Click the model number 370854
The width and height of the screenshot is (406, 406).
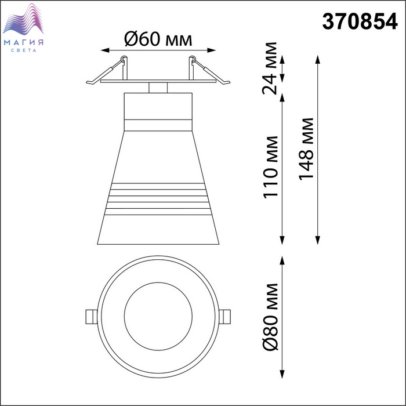(x=360, y=21)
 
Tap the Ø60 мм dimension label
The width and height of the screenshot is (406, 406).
(x=158, y=39)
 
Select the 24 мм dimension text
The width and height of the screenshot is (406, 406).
(x=270, y=68)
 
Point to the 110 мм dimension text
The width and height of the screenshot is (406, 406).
(x=270, y=167)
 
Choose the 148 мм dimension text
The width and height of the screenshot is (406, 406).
(x=306, y=148)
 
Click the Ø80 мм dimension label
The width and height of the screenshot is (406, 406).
(x=270, y=317)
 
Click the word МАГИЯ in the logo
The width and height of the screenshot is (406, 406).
(x=24, y=42)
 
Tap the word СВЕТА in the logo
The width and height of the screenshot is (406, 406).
(x=24, y=50)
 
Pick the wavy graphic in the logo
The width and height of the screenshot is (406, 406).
(x=23, y=19)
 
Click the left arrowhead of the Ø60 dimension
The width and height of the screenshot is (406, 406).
(x=104, y=50)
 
